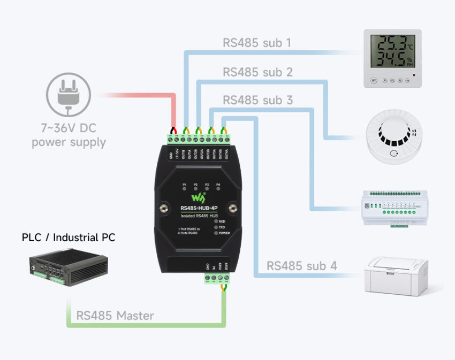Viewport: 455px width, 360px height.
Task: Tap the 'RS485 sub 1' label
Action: [x=257, y=42]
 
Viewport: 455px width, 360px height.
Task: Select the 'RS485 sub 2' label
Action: [x=257, y=72]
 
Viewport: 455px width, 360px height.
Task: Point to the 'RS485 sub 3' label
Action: [x=257, y=100]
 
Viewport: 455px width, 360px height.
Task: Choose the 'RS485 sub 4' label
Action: [x=302, y=265]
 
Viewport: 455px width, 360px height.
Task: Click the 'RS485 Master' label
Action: [x=115, y=316]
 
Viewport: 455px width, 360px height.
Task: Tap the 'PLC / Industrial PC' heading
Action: [x=69, y=237]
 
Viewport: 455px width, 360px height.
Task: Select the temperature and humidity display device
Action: [x=392, y=58]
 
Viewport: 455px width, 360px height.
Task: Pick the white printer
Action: [x=396, y=275]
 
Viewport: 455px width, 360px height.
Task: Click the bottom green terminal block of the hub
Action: [x=216, y=278]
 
